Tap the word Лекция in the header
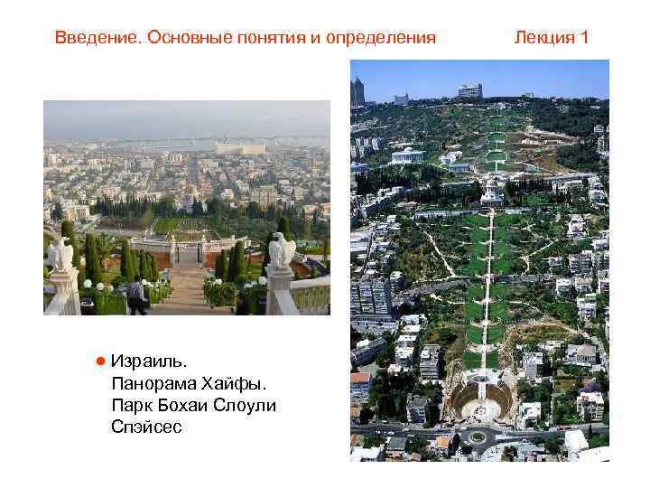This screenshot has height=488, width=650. pos(544,38)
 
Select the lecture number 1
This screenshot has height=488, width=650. pos(584,38)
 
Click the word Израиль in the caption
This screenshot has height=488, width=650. pos(149,361)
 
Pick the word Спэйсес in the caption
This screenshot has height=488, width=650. pos(146,427)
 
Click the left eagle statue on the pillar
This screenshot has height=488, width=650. pos(60,254)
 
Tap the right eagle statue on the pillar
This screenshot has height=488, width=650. pos(281,251)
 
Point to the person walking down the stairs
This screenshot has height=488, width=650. pos(136,295)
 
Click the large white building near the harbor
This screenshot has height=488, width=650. pos(240,146)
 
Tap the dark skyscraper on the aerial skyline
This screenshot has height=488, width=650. pos(358,91)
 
